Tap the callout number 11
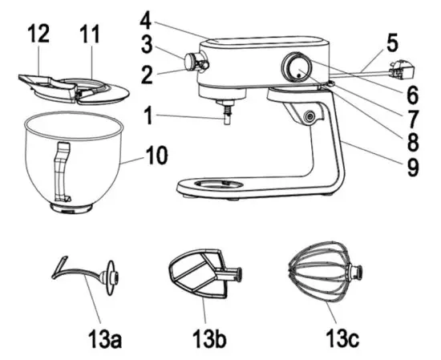coord(89,35)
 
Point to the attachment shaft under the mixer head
coord(227,114)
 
